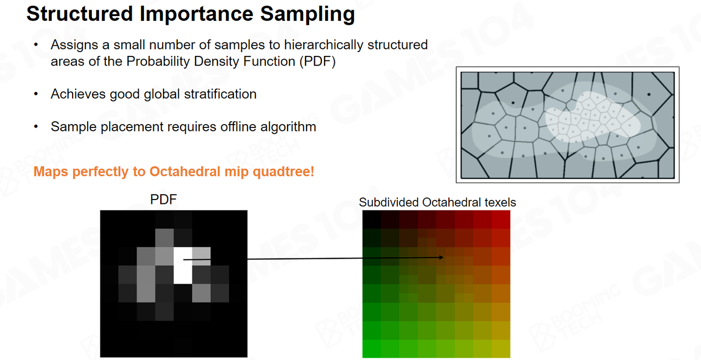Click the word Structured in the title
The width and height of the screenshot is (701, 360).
(80, 14)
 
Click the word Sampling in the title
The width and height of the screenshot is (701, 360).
(307, 15)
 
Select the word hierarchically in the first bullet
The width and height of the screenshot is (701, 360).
(324, 45)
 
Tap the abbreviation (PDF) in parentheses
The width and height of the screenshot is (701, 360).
(317, 62)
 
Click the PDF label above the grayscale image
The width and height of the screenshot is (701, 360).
(164, 199)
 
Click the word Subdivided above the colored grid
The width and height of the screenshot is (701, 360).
(388, 202)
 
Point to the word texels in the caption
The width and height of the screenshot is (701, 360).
(500, 202)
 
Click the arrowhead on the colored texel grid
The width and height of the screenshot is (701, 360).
(441, 257)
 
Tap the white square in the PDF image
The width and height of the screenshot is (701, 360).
(183, 266)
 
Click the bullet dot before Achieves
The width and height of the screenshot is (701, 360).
(36, 94)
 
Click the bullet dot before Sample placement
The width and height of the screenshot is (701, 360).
(36, 126)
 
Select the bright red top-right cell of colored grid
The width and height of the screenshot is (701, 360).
(501, 219)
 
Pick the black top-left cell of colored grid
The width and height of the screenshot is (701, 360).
(372, 219)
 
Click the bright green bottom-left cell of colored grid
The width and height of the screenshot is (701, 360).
(372, 349)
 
